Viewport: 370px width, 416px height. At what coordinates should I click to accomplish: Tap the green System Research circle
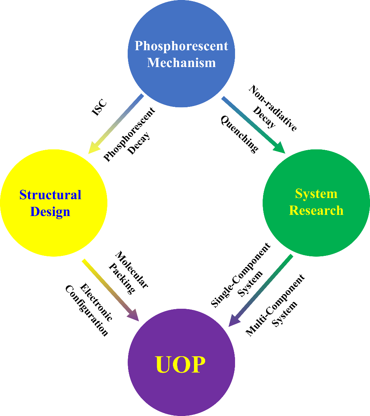316,230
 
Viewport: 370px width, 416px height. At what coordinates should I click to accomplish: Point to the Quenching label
239,134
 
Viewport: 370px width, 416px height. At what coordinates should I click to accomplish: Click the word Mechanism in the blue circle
181,62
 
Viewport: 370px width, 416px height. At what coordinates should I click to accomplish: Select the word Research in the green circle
316,210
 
